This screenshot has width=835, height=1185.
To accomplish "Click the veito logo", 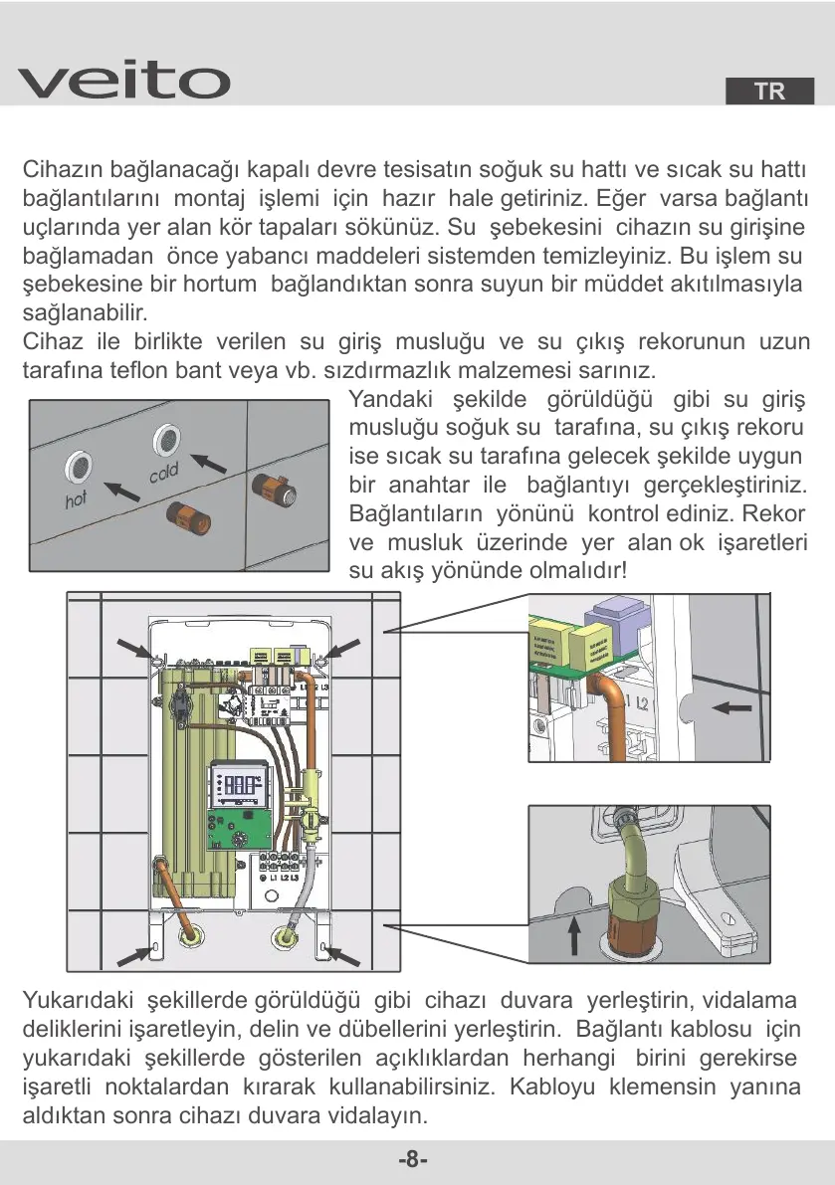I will [x=123, y=81].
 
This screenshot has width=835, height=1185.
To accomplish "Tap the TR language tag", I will [x=769, y=92].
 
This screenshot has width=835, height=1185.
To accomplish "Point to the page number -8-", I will [x=413, y=1160].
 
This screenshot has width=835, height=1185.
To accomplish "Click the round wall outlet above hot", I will [x=78, y=463].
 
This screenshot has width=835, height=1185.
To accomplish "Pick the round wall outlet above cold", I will [x=165, y=437].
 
